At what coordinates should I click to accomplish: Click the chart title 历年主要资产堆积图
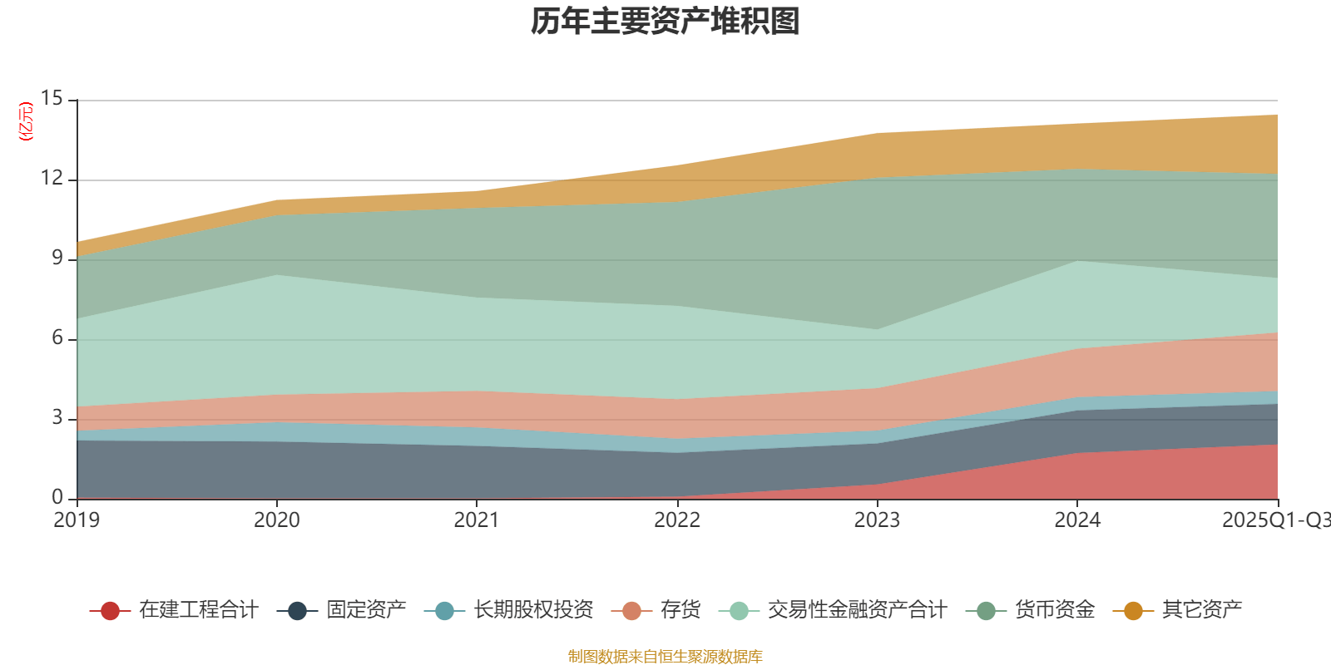(665, 22)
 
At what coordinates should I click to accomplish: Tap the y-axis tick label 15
(52, 99)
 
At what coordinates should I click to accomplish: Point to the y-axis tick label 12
(52, 179)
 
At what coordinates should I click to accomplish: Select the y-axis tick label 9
(57, 259)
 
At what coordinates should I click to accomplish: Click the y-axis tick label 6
(57, 338)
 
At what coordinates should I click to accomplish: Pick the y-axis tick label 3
(57, 418)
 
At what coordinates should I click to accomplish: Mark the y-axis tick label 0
(57, 498)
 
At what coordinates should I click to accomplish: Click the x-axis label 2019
(77, 520)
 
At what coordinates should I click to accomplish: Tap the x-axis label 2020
(276, 520)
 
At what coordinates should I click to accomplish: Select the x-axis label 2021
(477, 520)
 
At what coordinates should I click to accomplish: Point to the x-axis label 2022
(677, 520)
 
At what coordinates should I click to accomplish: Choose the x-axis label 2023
(877, 520)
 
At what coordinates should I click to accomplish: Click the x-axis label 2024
(1077, 520)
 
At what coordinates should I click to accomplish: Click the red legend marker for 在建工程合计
(110, 611)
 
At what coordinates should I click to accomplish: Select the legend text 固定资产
(366, 610)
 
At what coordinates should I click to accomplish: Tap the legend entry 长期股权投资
(533, 610)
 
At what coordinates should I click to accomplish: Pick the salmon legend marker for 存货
(631, 611)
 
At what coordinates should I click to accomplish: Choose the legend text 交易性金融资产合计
(857, 610)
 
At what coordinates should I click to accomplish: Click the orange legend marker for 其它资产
(1133, 611)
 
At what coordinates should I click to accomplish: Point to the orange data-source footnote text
(665, 657)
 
